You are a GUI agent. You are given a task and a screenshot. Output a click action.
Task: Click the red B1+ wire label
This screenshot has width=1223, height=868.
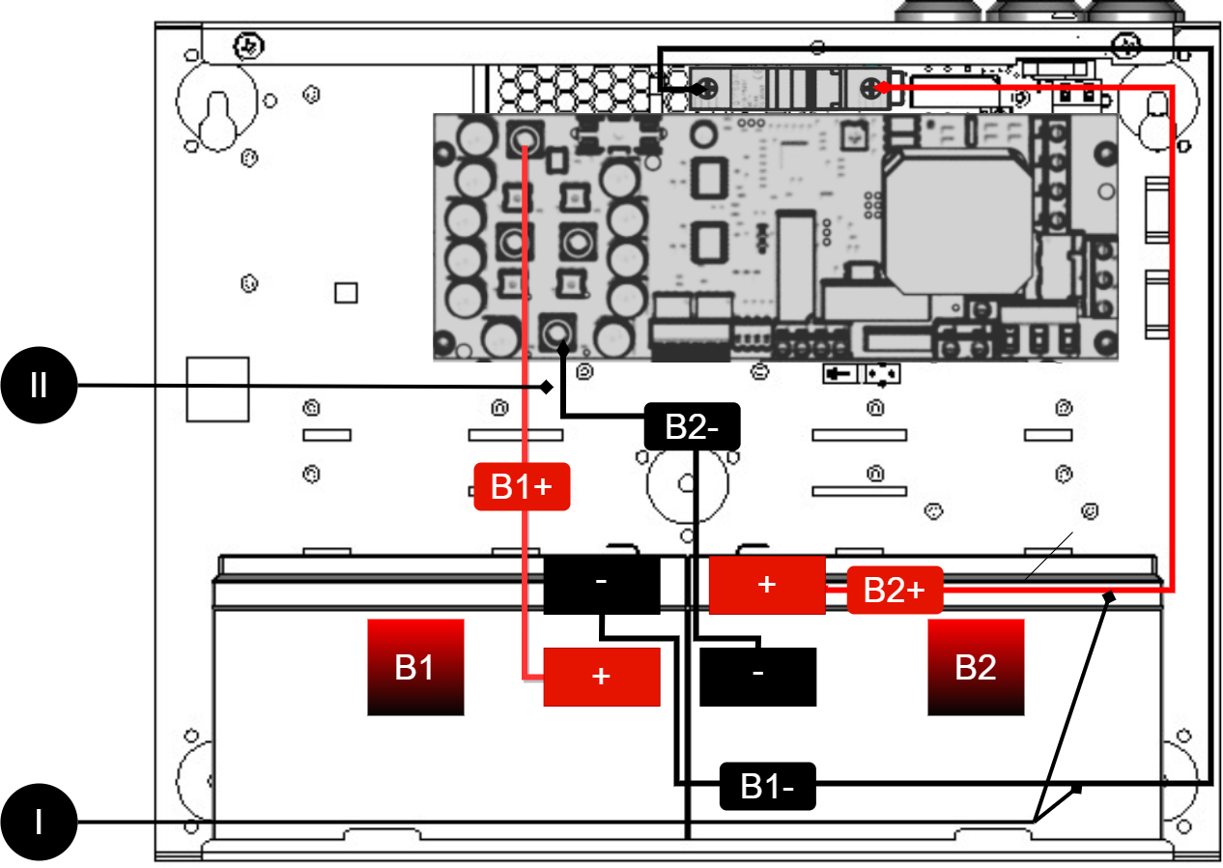(x=522, y=486)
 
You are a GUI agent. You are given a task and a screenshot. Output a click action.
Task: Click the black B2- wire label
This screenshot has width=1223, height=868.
(x=692, y=426)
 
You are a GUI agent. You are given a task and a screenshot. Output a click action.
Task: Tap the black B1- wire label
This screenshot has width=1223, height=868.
(x=768, y=786)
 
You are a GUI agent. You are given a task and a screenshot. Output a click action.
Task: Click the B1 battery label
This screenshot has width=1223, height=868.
(x=415, y=667)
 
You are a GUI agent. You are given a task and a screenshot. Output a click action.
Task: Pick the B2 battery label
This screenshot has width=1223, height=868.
(x=976, y=667)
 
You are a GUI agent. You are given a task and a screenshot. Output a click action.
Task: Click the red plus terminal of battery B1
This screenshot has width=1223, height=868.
(x=601, y=677)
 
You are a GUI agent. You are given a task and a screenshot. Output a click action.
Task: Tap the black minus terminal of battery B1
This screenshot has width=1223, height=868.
(x=601, y=584)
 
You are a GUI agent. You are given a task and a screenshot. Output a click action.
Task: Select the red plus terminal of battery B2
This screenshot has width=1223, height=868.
(x=767, y=585)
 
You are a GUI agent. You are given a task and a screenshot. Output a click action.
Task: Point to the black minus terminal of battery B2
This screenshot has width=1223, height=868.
(x=757, y=676)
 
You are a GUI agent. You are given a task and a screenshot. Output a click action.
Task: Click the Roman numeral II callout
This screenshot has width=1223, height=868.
(x=39, y=387)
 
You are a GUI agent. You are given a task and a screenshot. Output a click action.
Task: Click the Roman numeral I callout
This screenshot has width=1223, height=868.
(x=39, y=823)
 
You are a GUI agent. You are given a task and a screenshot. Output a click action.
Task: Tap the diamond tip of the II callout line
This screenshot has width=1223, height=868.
(x=546, y=388)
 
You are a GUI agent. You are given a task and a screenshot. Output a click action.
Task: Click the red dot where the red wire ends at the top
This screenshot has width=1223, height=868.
(x=880, y=89)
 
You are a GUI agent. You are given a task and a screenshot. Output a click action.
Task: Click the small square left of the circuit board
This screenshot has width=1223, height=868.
(x=346, y=293)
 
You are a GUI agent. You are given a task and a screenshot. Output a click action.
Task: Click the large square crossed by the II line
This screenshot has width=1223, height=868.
(x=217, y=390)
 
